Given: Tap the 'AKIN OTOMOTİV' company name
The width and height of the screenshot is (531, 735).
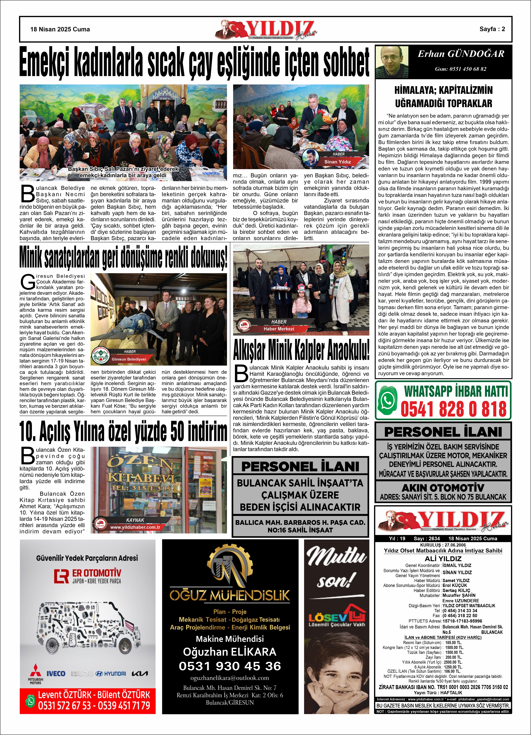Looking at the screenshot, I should click(443, 488).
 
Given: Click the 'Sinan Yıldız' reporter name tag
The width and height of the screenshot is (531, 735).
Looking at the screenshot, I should click(338, 162).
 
